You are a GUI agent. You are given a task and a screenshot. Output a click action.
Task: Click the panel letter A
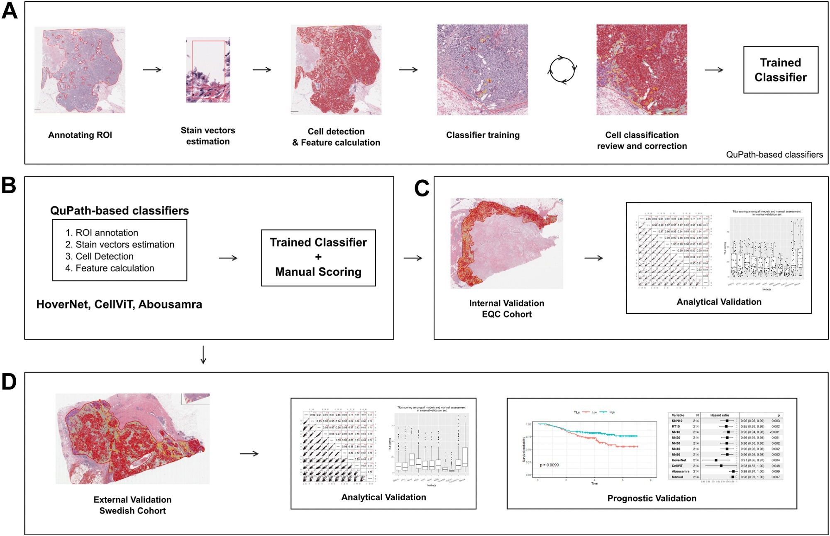click(10, 11)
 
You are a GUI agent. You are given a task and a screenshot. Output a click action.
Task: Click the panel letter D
click(9, 382)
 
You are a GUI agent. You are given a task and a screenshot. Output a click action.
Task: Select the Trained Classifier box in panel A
click(780, 70)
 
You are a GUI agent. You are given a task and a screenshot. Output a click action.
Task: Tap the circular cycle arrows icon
click(562, 70)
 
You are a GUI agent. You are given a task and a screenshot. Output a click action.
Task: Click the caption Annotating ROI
click(80, 135)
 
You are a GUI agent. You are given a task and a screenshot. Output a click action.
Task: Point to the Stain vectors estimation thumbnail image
click(208, 70)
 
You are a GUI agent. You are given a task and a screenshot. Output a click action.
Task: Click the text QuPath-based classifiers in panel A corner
click(774, 154)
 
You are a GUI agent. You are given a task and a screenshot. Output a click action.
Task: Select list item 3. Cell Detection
click(100, 256)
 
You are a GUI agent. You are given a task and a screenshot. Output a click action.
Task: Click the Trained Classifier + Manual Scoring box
click(318, 257)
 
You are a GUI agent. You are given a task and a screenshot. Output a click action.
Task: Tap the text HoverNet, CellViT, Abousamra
click(119, 304)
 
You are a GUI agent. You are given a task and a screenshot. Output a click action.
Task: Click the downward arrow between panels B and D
click(203, 355)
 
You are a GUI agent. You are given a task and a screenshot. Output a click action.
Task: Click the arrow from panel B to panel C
click(413, 258)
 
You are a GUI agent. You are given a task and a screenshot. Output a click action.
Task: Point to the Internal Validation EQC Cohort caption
click(506, 308)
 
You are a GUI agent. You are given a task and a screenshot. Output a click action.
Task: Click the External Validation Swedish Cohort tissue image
click(133, 438)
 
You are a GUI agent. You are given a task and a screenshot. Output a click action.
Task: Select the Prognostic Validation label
click(652, 498)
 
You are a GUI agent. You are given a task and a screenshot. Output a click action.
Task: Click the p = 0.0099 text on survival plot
click(549, 465)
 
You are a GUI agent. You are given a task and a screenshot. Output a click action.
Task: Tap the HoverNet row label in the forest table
click(679, 460)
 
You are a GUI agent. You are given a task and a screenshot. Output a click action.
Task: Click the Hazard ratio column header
click(720, 415)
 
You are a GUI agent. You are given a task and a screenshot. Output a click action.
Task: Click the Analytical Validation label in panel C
click(719, 302)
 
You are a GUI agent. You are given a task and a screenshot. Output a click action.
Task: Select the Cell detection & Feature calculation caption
click(336, 137)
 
